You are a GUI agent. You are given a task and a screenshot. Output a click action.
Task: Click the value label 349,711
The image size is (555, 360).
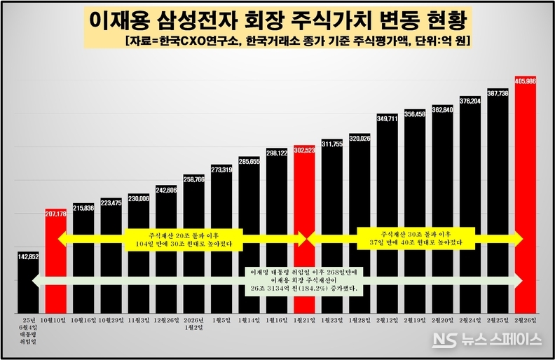(x=387, y=118)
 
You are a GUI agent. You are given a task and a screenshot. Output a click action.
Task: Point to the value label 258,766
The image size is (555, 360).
(x=193, y=179)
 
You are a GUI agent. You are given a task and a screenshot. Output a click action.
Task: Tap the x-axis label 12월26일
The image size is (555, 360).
(x=166, y=321)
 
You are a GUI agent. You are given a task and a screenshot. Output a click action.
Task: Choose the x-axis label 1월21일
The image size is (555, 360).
(x=304, y=321)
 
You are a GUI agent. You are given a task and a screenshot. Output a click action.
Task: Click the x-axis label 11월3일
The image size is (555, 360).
(x=139, y=321)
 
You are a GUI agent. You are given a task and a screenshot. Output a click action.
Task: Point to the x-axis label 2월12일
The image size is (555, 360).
(x=387, y=321)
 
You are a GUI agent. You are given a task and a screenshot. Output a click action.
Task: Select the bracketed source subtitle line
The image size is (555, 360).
(x=295, y=41)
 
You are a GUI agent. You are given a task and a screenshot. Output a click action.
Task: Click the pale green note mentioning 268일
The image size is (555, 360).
(x=304, y=279)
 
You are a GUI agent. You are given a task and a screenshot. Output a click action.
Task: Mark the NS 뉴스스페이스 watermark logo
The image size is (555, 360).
(x=486, y=340)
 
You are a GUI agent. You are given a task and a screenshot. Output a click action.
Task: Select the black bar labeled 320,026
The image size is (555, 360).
(x=359, y=224)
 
